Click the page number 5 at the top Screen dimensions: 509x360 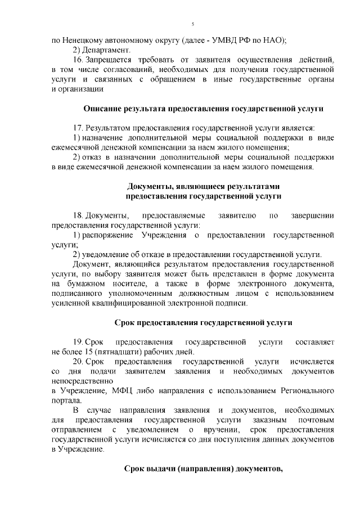192,24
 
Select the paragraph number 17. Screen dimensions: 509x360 78,128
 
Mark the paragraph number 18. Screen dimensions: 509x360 78,216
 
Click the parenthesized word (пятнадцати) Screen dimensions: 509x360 115,352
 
